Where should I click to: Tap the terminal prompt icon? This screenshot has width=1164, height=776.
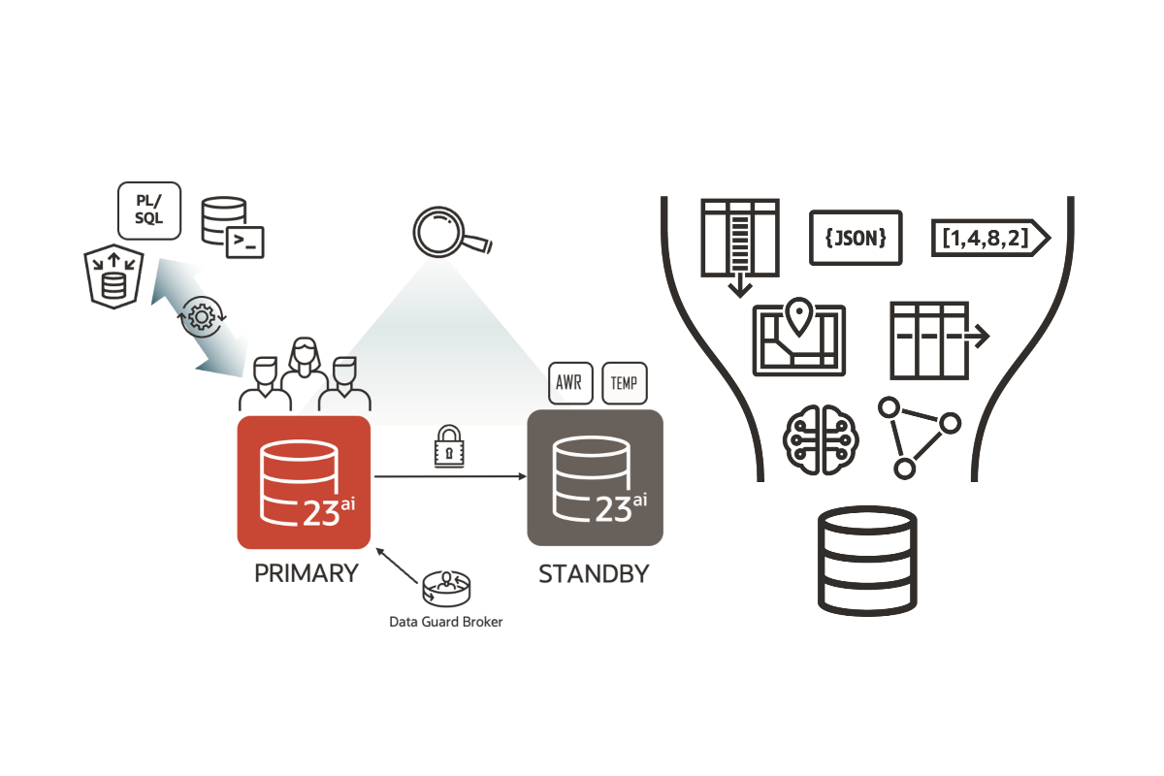click(246, 242)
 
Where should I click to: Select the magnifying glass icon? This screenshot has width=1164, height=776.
click(448, 233)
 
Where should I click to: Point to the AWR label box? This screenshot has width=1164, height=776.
click(568, 384)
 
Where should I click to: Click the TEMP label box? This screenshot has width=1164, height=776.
click(625, 384)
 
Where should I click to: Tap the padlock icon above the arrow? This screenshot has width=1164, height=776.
click(449, 448)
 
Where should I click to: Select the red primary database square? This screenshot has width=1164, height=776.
click(305, 482)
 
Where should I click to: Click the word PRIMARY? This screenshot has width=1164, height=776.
click(306, 573)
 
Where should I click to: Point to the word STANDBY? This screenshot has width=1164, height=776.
click(594, 573)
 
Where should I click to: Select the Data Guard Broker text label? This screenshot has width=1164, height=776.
click(446, 622)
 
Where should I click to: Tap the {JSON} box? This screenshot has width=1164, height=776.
click(856, 238)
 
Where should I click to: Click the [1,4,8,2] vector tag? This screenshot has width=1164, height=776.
click(989, 238)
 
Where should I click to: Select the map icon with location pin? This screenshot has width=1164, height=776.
click(798, 338)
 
